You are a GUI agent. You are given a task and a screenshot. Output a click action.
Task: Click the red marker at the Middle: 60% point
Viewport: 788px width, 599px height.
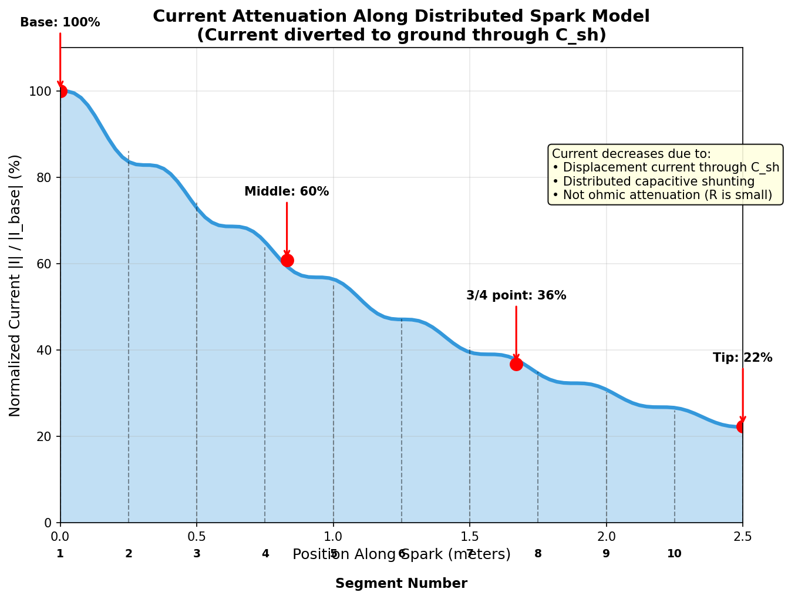(287, 260)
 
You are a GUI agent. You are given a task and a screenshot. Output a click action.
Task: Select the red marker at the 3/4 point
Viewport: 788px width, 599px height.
(516, 364)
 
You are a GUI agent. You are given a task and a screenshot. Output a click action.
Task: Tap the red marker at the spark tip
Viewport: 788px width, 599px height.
(742, 426)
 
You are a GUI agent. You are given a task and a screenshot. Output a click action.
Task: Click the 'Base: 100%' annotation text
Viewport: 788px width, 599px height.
(60, 22)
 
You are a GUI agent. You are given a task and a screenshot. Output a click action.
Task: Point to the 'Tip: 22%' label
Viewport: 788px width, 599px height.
(742, 358)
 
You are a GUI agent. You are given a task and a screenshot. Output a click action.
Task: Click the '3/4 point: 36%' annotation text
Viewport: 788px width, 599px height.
(516, 295)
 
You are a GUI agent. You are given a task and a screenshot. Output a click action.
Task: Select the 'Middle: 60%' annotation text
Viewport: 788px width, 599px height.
(287, 191)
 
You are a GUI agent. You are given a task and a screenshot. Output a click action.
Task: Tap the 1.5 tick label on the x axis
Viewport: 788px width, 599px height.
(469, 536)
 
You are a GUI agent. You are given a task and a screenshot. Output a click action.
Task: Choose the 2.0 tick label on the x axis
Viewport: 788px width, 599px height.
(606, 536)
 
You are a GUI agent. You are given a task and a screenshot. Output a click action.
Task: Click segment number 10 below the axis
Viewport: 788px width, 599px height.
(674, 553)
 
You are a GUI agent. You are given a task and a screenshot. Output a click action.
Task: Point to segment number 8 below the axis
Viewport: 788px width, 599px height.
(538, 553)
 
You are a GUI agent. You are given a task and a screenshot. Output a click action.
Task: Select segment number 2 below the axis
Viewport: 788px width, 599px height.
(129, 553)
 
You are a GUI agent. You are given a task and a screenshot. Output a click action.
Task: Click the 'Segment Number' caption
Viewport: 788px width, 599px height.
(401, 583)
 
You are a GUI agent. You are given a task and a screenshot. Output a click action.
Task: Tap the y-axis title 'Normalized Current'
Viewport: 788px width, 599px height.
(15, 285)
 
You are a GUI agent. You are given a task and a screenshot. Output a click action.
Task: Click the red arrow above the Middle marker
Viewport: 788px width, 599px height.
(287, 229)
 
